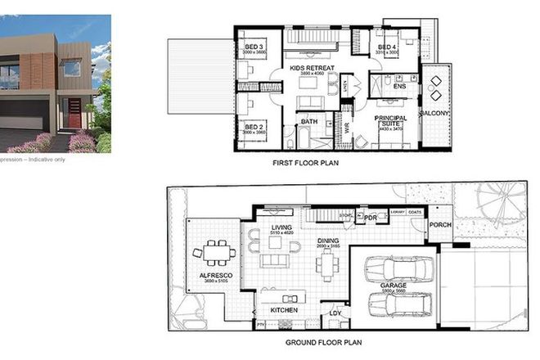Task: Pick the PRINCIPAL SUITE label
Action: [391, 121]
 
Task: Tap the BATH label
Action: [308, 123]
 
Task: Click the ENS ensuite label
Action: [400, 85]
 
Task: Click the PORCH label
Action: [440, 225]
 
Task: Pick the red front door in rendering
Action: [74, 115]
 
